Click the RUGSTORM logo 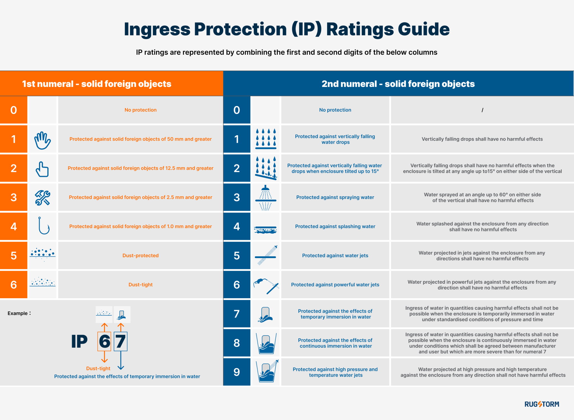point(541,404)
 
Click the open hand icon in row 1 point(42,140)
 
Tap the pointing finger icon point(42,169)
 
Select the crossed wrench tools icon point(42,198)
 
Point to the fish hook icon point(43,226)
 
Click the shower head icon point(265,197)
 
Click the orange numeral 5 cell point(13,256)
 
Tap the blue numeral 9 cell point(237,372)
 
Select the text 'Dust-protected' point(140,256)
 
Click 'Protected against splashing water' point(335,226)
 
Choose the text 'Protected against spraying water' point(335,197)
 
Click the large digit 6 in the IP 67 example point(105,341)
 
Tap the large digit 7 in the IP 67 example point(121,341)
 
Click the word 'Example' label point(18,313)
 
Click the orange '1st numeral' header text point(96,84)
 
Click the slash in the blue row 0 point(482,110)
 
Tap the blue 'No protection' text point(335,110)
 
